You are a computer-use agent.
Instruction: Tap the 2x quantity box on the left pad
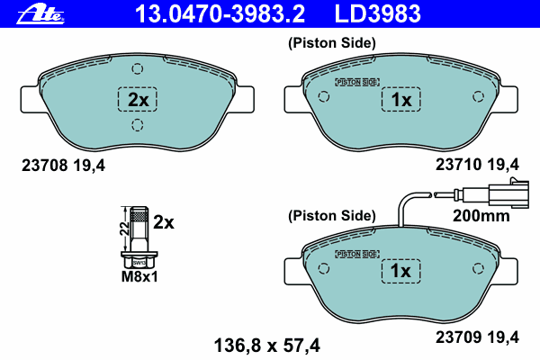(x=137, y=99)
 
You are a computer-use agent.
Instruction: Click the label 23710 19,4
(x=478, y=164)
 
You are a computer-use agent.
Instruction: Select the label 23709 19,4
(x=478, y=337)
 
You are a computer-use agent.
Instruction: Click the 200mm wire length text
(x=481, y=216)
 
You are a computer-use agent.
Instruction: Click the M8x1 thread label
(x=139, y=277)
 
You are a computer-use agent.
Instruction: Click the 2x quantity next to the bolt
(x=163, y=220)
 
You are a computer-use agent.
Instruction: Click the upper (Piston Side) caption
(x=331, y=42)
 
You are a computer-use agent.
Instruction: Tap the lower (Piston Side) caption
(x=331, y=215)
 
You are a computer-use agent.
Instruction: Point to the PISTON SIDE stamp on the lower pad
(x=355, y=255)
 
